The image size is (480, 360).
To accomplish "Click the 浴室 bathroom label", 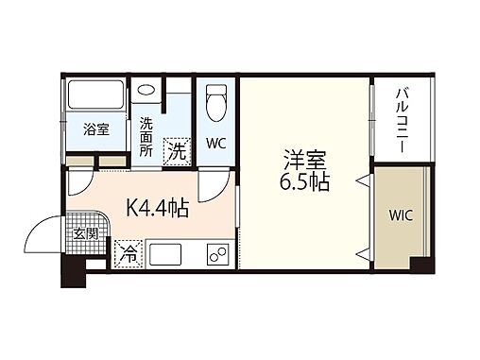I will point(95,129).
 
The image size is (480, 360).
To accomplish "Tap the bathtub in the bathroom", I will point(95,96).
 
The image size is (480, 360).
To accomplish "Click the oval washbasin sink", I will point(146,91).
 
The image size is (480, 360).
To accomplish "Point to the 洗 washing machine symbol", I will point(176,148).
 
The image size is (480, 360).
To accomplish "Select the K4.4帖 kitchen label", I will point(157,207).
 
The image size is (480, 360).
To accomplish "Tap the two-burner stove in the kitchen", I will point(216,255).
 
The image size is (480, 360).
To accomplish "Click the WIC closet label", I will point(399,214).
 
